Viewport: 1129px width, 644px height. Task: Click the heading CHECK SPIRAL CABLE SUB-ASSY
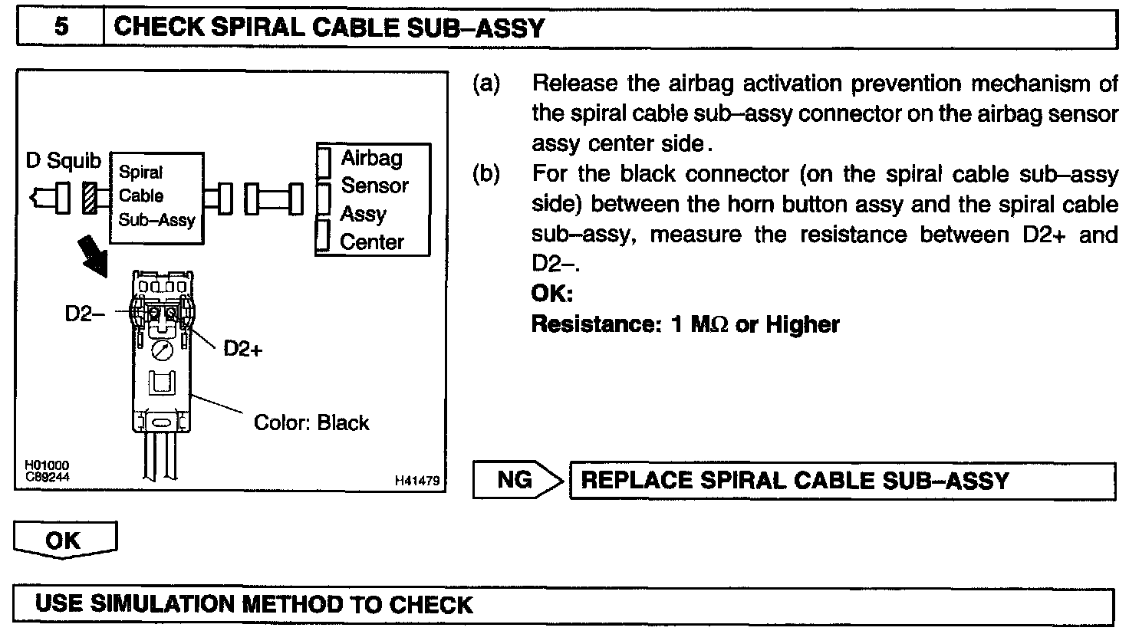point(328,28)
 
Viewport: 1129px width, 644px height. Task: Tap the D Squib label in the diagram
point(64,161)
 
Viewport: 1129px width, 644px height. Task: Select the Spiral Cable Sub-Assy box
point(157,198)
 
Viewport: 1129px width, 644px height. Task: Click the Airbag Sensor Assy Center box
point(374,199)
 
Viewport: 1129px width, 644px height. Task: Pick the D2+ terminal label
point(243,349)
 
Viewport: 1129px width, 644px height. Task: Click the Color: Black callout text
point(311,422)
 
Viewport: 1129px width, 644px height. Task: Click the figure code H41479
point(417,481)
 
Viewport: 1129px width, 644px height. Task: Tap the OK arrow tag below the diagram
point(64,540)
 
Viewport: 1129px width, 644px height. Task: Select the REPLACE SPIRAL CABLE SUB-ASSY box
point(841,481)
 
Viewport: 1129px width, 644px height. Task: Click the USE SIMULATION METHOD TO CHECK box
point(564,605)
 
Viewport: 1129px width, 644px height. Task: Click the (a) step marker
point(486,83)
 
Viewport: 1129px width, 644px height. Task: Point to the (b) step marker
point(486,174)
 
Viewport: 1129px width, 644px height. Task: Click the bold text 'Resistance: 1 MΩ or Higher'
point(686,324)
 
